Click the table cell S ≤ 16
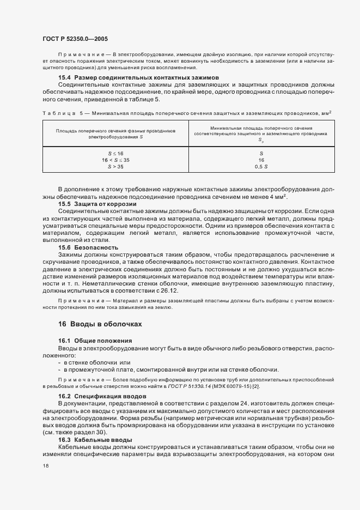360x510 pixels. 115,154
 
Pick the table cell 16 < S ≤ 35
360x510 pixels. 115,161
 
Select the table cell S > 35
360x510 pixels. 115,167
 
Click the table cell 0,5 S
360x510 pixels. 261,167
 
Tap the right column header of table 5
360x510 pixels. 261,135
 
